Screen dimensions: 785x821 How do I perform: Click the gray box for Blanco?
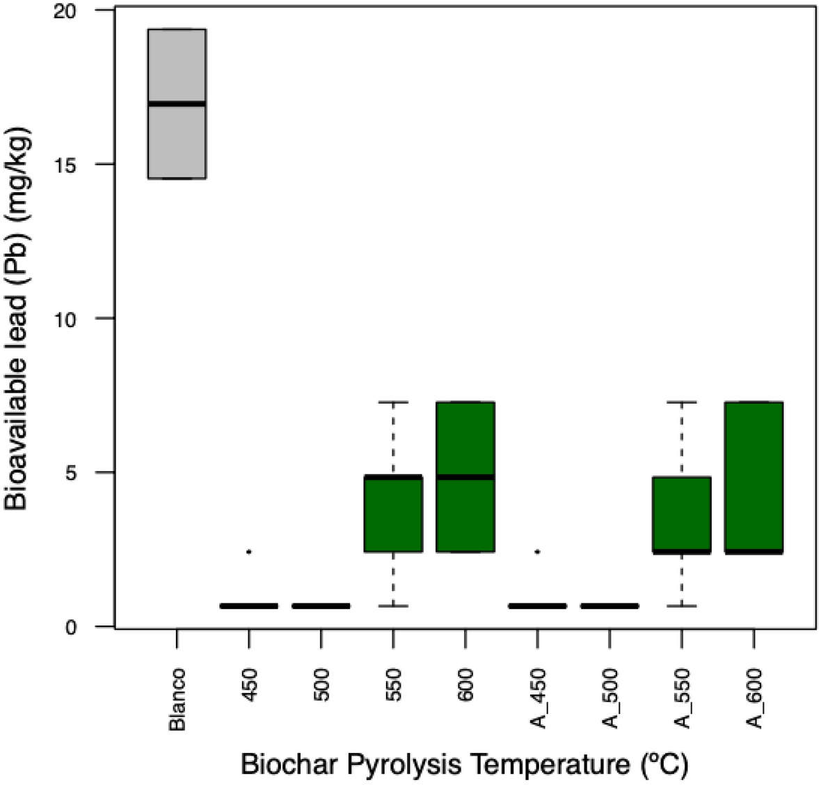pyautogui.click(x=177, y=139)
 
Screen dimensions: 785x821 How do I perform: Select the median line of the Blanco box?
pyautogui.click(x=177, y=104)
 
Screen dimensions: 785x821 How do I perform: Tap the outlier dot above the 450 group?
pyautogui.click(x=249, y=552)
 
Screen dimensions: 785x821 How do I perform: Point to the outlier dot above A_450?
pyautogui.click(x=537, y=552)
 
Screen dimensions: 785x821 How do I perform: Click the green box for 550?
pyautogui.click(x=394, y=515)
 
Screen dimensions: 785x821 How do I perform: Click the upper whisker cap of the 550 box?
pyautogui.click(x=394, y=402)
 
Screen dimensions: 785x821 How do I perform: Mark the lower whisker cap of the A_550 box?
pyautogui.click(x=681, y=606)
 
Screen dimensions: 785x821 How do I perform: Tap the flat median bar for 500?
pyautogui.click(x=321, y=606)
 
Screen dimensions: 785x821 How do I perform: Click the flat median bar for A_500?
pyautogui.click(x=609, y=606)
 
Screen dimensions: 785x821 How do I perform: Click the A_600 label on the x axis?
pyautogui.click(x=755, y=698)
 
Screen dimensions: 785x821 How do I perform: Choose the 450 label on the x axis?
pyautogui.click(x=250, y=685)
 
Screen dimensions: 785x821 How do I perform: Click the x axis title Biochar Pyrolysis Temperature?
pyautogui.click(x=464, y=766)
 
